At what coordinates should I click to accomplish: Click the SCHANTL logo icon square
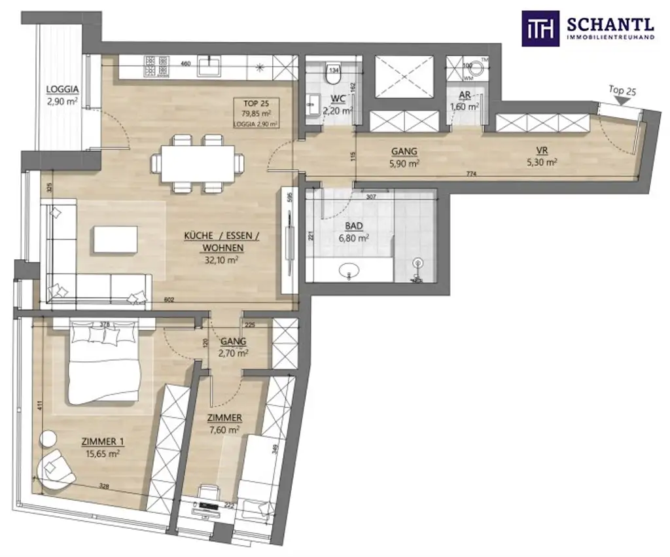(540, 28)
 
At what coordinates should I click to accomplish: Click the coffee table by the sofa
(116, 239)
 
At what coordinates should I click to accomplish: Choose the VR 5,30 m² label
(542, 158)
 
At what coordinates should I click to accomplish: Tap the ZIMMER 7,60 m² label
(224, 423)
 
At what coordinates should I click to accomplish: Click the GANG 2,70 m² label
(233, 348)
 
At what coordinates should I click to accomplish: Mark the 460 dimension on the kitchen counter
(185, 64)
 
